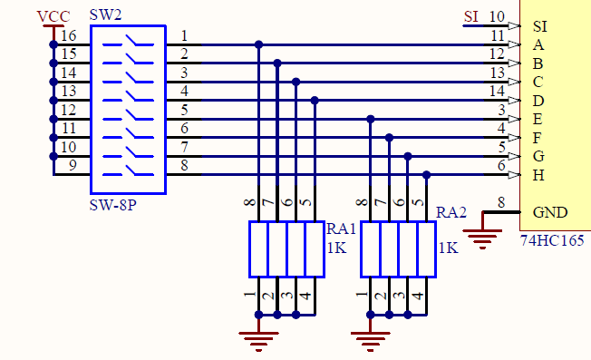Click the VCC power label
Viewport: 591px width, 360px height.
click(53, 17)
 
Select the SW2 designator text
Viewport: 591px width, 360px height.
click(106, 17)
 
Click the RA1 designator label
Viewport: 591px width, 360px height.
click(342, 229)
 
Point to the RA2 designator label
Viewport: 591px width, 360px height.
click(451, 212)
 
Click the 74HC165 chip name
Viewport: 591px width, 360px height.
click(552, 242)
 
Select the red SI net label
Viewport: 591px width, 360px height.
click(470, 16)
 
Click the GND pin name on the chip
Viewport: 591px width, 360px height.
click(551, 212)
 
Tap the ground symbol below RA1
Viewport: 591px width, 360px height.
click(259, 338)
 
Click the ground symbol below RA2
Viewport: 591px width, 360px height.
click(370, 338)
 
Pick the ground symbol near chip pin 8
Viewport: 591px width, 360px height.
click(484, 239)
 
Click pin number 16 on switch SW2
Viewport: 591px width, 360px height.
click(69, 35)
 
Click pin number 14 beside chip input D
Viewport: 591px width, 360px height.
click(496, 91)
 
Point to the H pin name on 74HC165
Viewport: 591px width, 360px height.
click(539, 174)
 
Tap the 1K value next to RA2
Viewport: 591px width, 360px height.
click(447, 248)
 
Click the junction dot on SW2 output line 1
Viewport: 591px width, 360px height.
click(259, 44)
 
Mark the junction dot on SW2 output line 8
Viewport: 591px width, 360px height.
click(426, 174)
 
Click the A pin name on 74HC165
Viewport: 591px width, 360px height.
click(539, 44)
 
